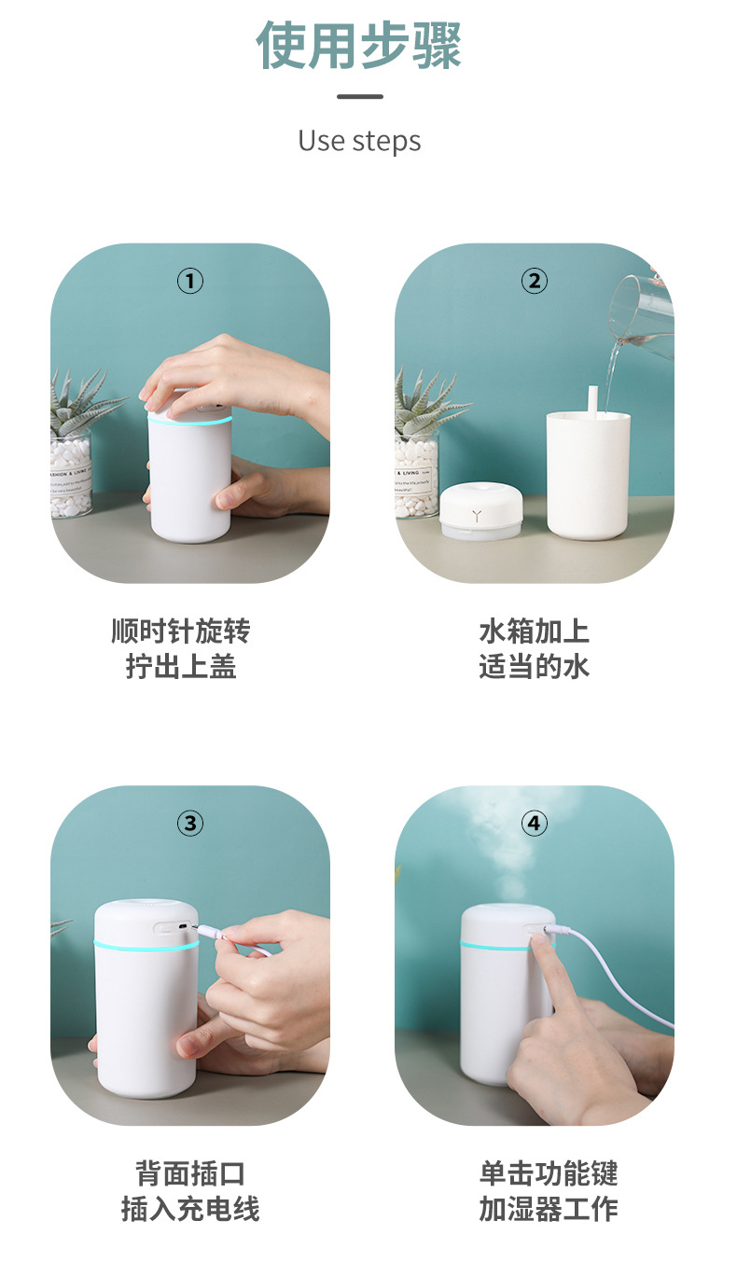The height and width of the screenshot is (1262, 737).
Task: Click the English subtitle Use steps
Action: (359, 141)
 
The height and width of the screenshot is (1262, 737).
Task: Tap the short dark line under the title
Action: (359, 96)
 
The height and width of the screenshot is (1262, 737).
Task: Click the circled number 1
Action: (190, 281)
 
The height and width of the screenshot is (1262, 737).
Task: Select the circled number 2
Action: (534, 281)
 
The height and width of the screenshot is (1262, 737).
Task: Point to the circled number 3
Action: (190, 824)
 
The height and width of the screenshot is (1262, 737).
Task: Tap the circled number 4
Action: (534, 824)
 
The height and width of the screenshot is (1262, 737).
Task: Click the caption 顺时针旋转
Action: (181, 631)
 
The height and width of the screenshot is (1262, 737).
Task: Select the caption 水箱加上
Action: (534, 631)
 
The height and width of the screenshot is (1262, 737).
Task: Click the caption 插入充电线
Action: (190, 1209)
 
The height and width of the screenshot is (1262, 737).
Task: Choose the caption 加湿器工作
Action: (549, 1209)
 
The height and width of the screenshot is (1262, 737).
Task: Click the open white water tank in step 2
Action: (588, 476)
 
